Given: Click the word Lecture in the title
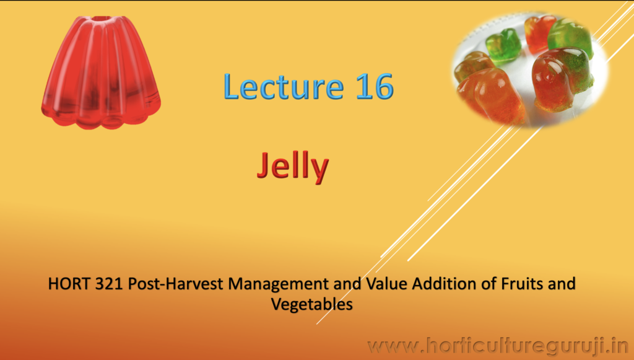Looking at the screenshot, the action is [x=284, y=86].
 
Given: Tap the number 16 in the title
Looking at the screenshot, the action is [x=375, y=87].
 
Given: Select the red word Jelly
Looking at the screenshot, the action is [x=293, y=166].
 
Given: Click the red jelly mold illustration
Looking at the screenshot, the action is [x=101, y=72].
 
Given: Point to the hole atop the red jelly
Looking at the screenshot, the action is [x=101, y=18].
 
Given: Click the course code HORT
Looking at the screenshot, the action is [x=69, y=284].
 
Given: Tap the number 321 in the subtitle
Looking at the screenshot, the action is [x=109, y=284].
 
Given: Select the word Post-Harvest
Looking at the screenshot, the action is [x=175, y=284].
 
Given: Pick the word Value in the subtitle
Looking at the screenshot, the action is [x=386, y=284].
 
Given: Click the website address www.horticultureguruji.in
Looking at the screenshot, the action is [x=498, y=346].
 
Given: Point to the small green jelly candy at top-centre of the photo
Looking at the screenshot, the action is [x=503, y=46].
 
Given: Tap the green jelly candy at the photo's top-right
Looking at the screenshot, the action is [x=570, y=38].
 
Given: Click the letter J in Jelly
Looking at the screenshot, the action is [x=263, y=165].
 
